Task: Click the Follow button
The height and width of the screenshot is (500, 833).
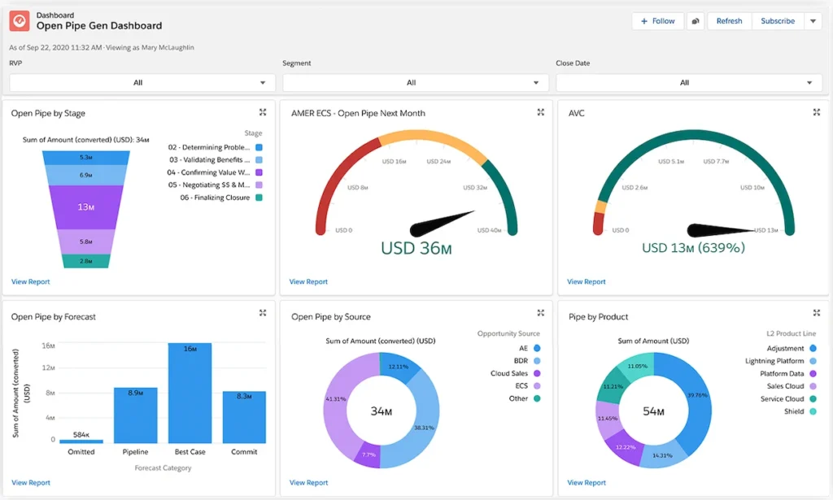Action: point(657,21)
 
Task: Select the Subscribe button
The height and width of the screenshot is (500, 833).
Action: point(777,21)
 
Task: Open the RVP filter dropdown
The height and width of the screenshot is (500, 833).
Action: point(142,82)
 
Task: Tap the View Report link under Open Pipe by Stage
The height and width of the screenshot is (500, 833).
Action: point(30,282)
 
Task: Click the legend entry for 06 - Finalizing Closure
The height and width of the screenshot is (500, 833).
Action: point(216,198)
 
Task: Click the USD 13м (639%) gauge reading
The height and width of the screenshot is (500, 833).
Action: point(693,247)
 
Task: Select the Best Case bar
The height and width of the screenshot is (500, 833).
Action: point(190,393)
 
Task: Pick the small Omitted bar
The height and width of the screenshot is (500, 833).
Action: point(81,441)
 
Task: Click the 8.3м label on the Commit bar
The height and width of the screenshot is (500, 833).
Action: point(244,396)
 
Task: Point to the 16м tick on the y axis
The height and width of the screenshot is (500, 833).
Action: point(48,346)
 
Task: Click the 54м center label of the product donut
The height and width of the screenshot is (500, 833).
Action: point(654,411)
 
